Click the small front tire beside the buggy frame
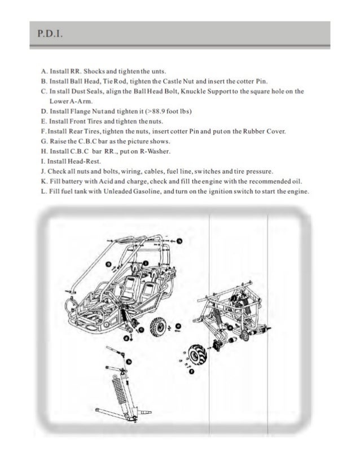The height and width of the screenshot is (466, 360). (156, 327)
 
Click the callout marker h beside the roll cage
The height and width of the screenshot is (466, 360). (180, 241)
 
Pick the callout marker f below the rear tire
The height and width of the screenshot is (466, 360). (192, 371)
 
